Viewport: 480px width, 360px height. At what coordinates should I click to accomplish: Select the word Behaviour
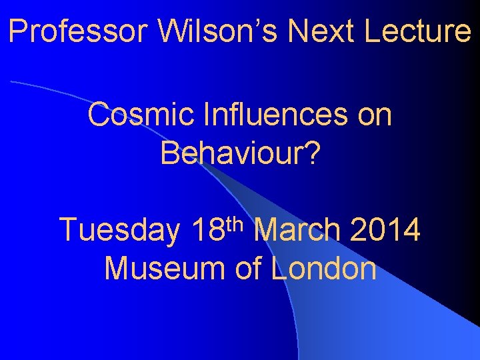pyautogui.click(x=231, y=153)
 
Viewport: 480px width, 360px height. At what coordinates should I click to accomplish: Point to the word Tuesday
pyautogui.click(x=120, y=231)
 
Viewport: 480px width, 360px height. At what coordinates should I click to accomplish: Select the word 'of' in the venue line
pyautogui.click(x=247, y=269)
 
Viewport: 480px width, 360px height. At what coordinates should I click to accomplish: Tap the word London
pyautogui.click(x=324, y=269)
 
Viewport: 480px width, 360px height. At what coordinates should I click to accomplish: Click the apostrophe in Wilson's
pyautogui.click(x=249, y=21)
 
